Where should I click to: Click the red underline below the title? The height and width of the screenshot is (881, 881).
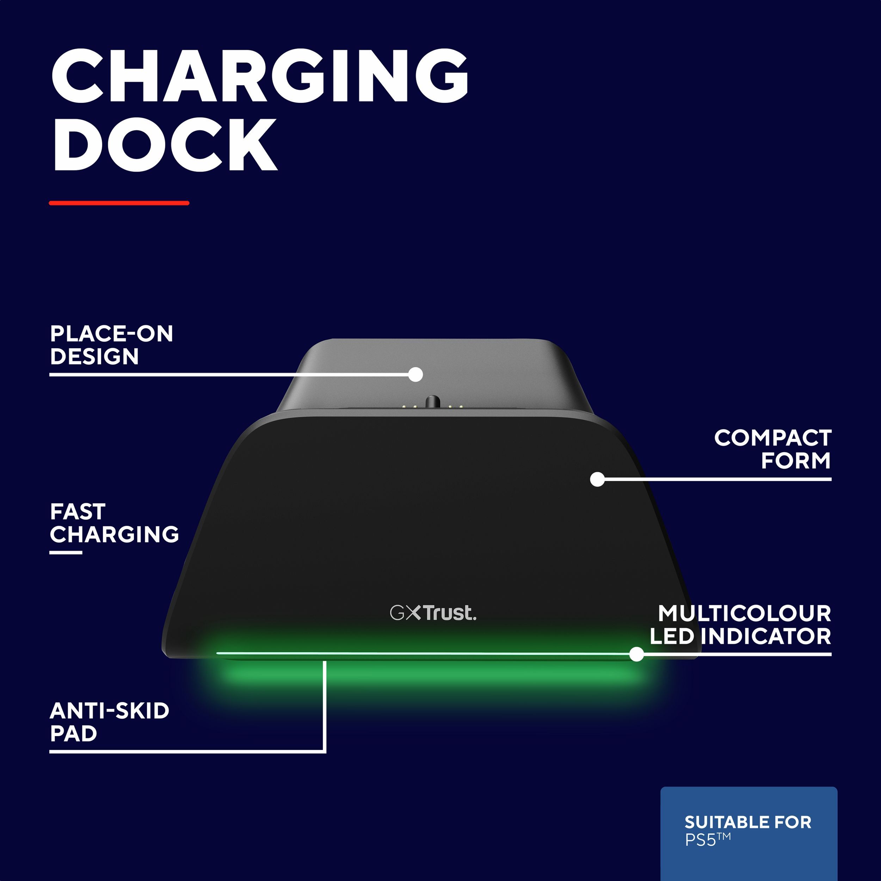[119, 203]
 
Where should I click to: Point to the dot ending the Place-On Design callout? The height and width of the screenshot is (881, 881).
[415, 374]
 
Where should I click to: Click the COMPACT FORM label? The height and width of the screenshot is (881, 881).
[772, 449]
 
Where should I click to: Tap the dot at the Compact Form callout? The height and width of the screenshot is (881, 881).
[597, 479]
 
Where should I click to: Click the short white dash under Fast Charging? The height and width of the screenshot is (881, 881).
[66, 553]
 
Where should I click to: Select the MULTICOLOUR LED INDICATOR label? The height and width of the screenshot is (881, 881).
[740, 625]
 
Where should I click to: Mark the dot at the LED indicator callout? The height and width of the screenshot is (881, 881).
[636, 654]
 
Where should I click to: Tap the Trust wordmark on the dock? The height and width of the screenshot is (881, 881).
[450, 613]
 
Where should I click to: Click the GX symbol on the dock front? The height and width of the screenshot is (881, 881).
[405, 613]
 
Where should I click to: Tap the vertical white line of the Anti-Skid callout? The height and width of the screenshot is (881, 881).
[325, 704]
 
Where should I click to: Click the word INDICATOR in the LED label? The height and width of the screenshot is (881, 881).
[766, 636]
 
